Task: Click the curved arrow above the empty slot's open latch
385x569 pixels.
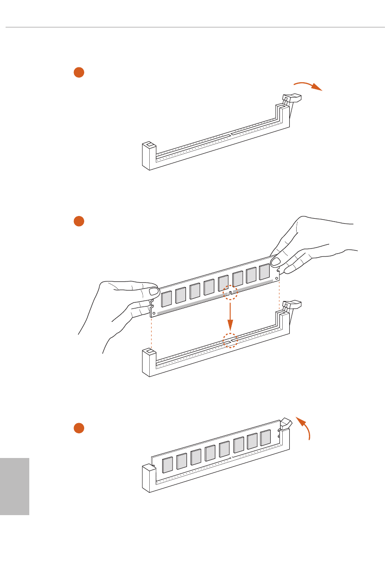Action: coord(308,85)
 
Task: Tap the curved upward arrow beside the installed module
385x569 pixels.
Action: coord(305,428)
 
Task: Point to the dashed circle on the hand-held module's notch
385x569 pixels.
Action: coord(230,292)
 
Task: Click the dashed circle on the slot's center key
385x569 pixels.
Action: coord(230,340)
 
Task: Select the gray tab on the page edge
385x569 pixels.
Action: coord(14,486)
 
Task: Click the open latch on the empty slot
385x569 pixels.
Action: coord(292,98)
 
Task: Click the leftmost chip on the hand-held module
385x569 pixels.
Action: coord(166,299)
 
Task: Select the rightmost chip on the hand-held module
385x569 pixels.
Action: coord(265,272)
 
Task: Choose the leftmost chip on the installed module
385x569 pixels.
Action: coord(167,464)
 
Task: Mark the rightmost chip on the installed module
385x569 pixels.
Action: coord(266,438)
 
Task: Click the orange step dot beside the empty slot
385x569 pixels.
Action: coord(79,72)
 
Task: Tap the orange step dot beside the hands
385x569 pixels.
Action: coord(79,222)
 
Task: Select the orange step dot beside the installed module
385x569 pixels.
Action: coord(79,428)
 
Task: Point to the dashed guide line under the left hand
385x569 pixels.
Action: coord(152,332)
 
